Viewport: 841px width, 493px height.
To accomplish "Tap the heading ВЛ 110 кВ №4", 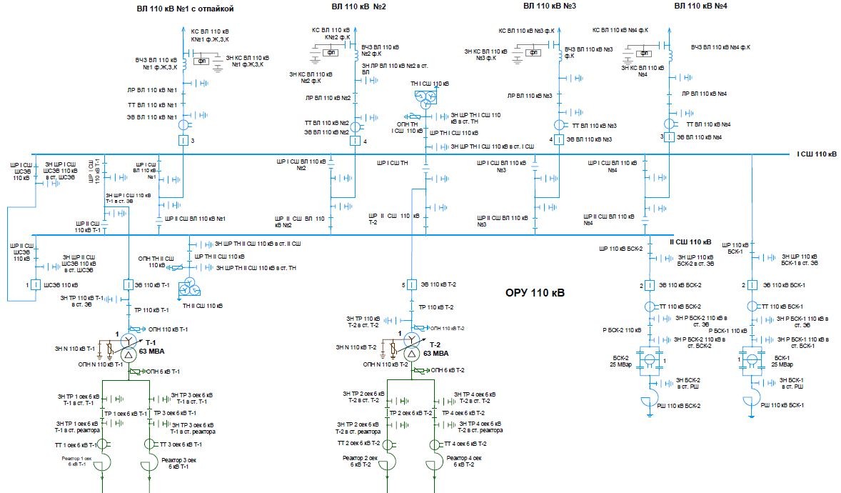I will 702,6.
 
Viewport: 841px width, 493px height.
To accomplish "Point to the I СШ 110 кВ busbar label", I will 816,154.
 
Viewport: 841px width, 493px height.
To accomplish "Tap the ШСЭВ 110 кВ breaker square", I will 34,285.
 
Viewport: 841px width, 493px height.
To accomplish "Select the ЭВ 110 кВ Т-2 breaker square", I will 412,285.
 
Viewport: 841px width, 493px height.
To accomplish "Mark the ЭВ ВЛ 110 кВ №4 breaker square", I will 669,136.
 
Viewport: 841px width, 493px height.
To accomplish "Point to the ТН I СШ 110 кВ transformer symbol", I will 426,99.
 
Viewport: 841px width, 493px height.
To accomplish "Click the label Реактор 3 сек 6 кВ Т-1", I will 176,463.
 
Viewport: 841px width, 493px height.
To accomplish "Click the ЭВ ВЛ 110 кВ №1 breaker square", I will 183,139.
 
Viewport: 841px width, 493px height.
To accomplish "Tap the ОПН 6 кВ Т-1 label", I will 163,372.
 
